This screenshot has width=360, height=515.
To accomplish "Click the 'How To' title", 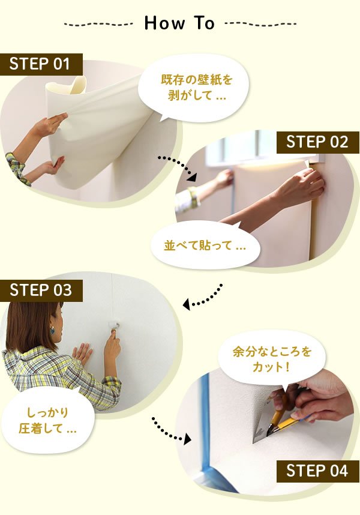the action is tap(179, 23).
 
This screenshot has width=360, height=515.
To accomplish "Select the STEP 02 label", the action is tap(317, 142).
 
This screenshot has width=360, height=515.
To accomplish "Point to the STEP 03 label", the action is tap(41, 291).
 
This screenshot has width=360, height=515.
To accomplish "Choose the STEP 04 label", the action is tap(317, 471).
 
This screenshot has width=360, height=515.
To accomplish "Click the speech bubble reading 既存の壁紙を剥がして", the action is tap(194, 88).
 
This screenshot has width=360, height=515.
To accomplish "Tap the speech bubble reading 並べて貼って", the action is tap(205, 245).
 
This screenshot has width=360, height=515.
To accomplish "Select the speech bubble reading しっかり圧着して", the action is tap(48, 420).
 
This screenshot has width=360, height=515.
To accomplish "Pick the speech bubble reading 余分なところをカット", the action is tap(272, 359).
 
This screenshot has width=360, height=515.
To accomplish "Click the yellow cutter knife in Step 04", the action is tap(286, 424).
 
